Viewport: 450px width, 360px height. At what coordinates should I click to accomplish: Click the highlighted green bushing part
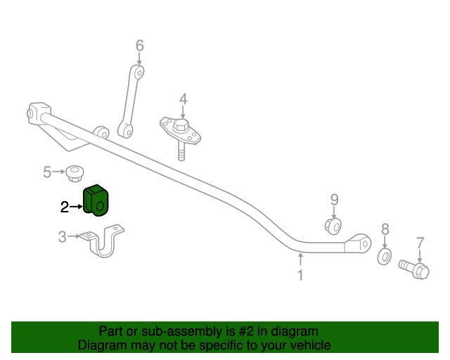click(x=96, y=200)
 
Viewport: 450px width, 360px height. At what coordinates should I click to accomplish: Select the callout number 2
click(x=65, y=207)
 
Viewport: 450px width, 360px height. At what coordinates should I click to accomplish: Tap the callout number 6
click(x=139, y=46)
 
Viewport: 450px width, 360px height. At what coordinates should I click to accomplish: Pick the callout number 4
click(x=184, y=99)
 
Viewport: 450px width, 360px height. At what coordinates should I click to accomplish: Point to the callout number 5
click(x=47, y=172)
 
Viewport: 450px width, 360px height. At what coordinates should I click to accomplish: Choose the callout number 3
click(x=63, y=237)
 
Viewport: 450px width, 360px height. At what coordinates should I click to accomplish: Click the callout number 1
click(x=300, y=275)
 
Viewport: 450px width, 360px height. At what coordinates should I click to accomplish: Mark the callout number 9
click(x=335, y=200)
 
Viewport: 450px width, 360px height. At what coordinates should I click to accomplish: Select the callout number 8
click(x=385, y=229)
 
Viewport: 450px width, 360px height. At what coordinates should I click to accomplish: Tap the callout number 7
click(x=420, y=243)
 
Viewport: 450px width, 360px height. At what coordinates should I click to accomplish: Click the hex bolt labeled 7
click(x=414, y=269)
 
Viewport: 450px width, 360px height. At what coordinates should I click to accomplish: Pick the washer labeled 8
click(x=385, y=257)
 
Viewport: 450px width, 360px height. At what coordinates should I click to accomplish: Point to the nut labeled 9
click(x=333, y=226)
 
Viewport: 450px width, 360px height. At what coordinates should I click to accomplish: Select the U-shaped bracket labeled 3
click(x=102, y=241)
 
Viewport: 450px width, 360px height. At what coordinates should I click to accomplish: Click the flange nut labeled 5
click(x=75, y=173)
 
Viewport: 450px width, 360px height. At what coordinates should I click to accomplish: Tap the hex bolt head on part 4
click(x=181, y=126)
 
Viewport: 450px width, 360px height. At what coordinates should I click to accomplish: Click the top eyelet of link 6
click(x=139, y=72)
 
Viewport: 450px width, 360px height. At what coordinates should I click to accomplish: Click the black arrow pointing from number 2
click(x=77, y=207)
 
